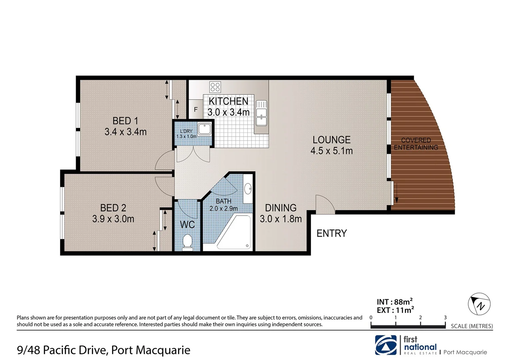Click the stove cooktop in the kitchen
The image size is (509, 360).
[215, 87]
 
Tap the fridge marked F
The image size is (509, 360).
[196, 109]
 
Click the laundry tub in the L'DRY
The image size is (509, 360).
[204, 128]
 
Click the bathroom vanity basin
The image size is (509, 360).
[248, 189]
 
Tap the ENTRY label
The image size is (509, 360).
[331, 233]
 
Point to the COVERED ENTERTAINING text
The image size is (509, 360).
[416, 144]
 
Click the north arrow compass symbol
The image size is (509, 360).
[479, 304]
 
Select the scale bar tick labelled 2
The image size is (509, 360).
[420, 318]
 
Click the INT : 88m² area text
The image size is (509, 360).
[395, 302]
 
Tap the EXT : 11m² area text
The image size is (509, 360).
[395, 310]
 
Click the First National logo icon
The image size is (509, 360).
[386, 345]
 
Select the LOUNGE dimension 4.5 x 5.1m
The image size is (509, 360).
[331, 151]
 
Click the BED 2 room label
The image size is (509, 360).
[113, 208]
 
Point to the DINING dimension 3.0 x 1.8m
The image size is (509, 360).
[280, 219]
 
